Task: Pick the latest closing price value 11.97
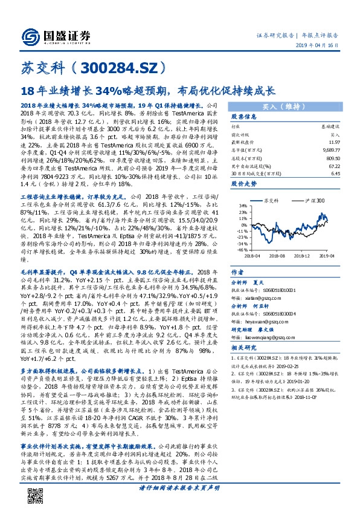(x=335, y=140)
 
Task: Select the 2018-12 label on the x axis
(x=303, y=255)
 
